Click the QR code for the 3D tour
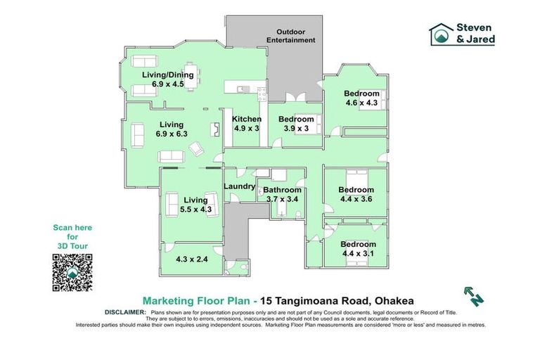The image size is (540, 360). (x=72, y=272)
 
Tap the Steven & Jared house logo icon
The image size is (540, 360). (x=441, y=34)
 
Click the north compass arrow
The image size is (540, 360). (x=473, y=296)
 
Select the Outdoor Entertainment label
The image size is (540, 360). (x=290, y=36)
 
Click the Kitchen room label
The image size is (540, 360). (x=246, y=120)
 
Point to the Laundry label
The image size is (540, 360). (x=239, y=186)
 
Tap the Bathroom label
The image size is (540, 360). (x=282, y=190)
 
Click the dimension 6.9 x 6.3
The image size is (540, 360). (x=172, y=134)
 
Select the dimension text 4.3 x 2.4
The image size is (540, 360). (x=192, y=259)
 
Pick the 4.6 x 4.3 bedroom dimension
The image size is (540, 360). (x=361, y=103)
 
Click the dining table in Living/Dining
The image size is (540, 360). (x=190, y=76)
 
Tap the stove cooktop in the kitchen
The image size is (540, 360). (x=262, y=94)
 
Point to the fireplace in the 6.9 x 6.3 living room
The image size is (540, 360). (x=216, y=130)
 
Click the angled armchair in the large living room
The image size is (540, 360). (x=197, y=148)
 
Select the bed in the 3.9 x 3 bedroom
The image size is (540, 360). (x=309, y=124)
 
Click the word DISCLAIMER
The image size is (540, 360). (x=125, y=312)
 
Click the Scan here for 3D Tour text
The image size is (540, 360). (x=72, y=237)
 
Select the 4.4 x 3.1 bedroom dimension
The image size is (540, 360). (x=358, y=254)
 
